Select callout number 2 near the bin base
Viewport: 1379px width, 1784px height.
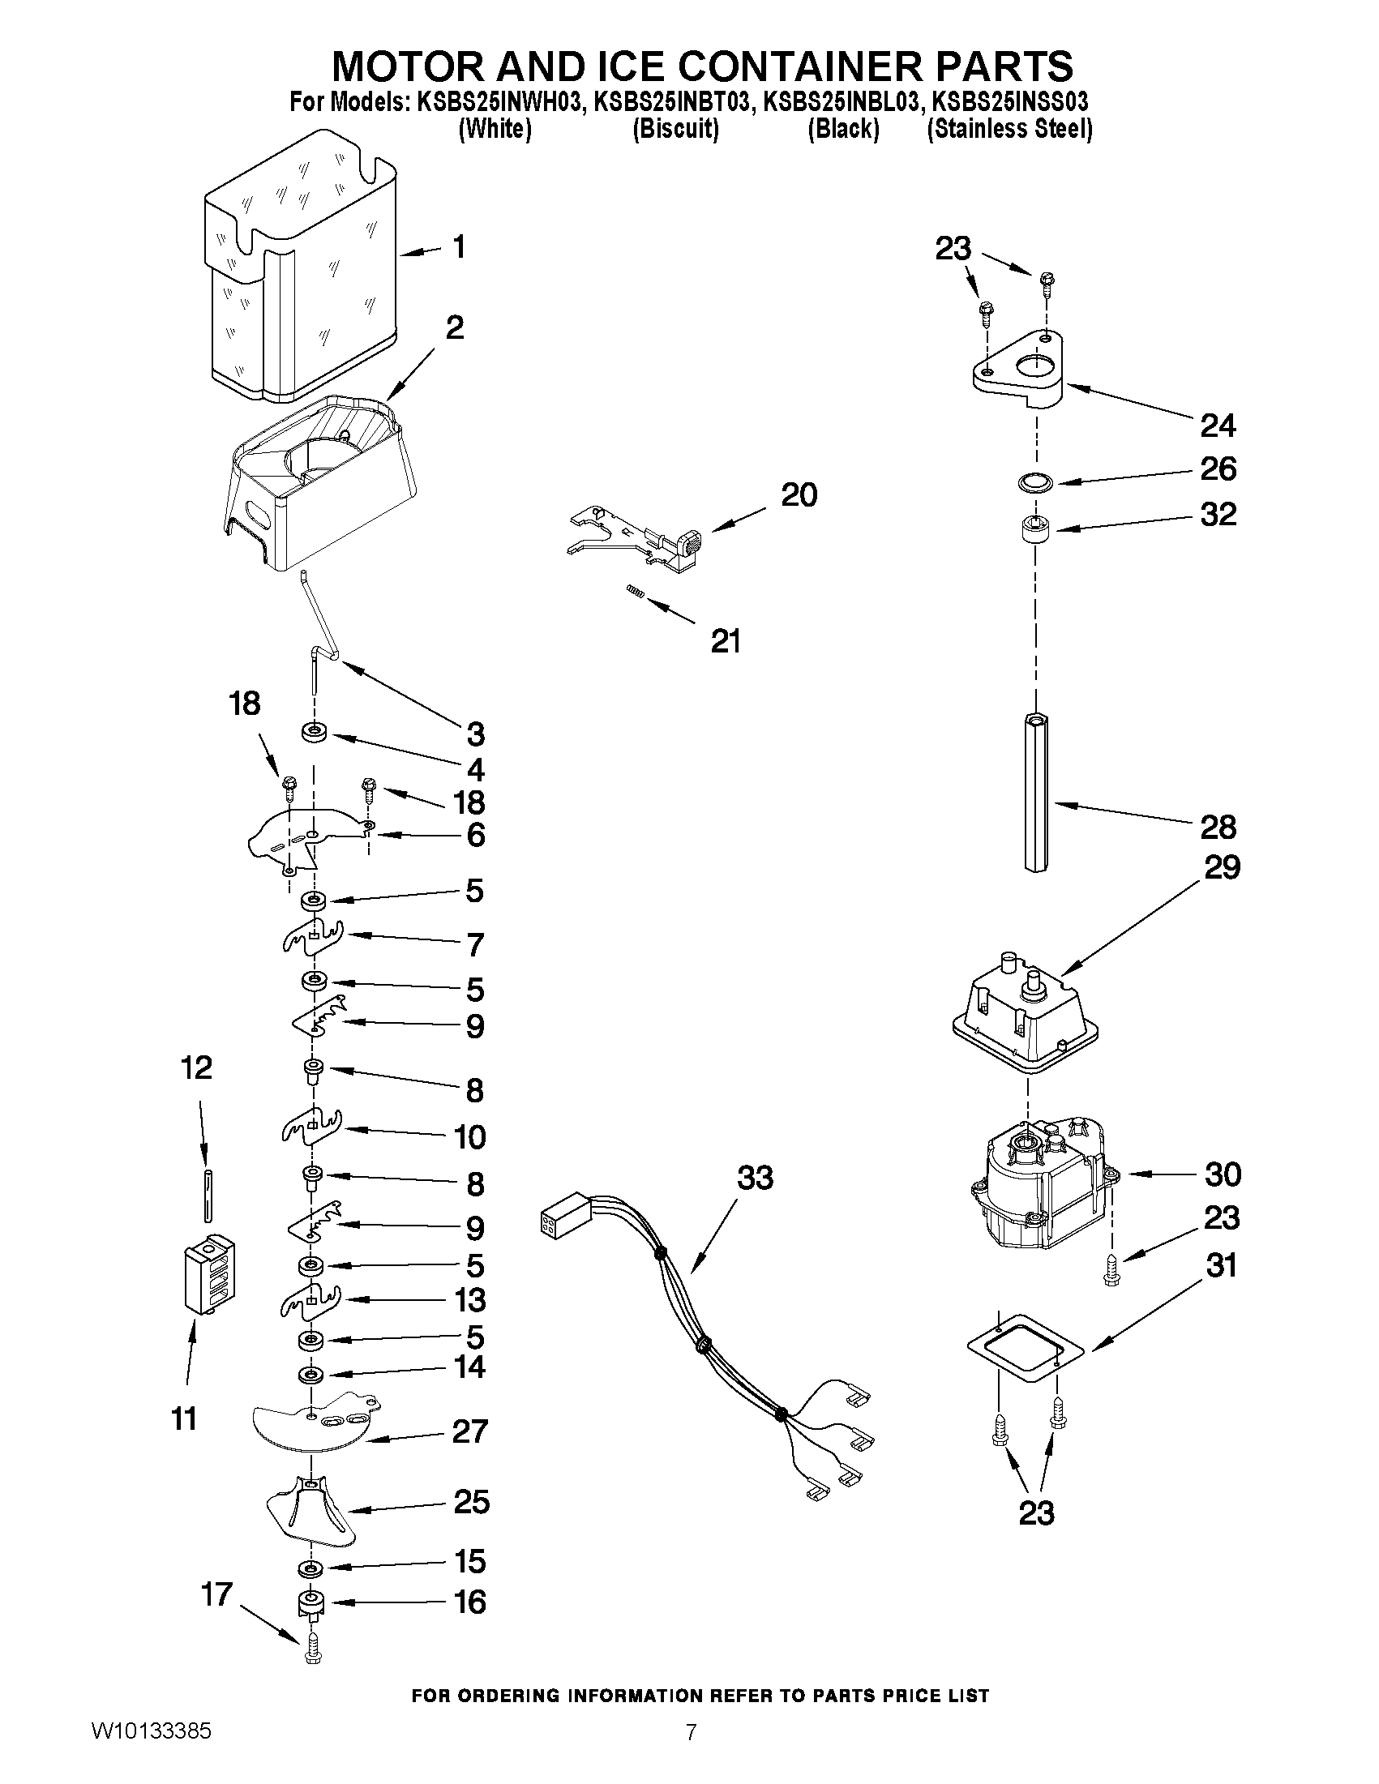pos(455,328)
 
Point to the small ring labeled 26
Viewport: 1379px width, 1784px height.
pos(1035,483)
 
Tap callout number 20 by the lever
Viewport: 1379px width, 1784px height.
pos(799,495)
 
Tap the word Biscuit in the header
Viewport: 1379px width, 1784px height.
pos(675,129)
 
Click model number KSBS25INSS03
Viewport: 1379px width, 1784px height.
pos(1010,102)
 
